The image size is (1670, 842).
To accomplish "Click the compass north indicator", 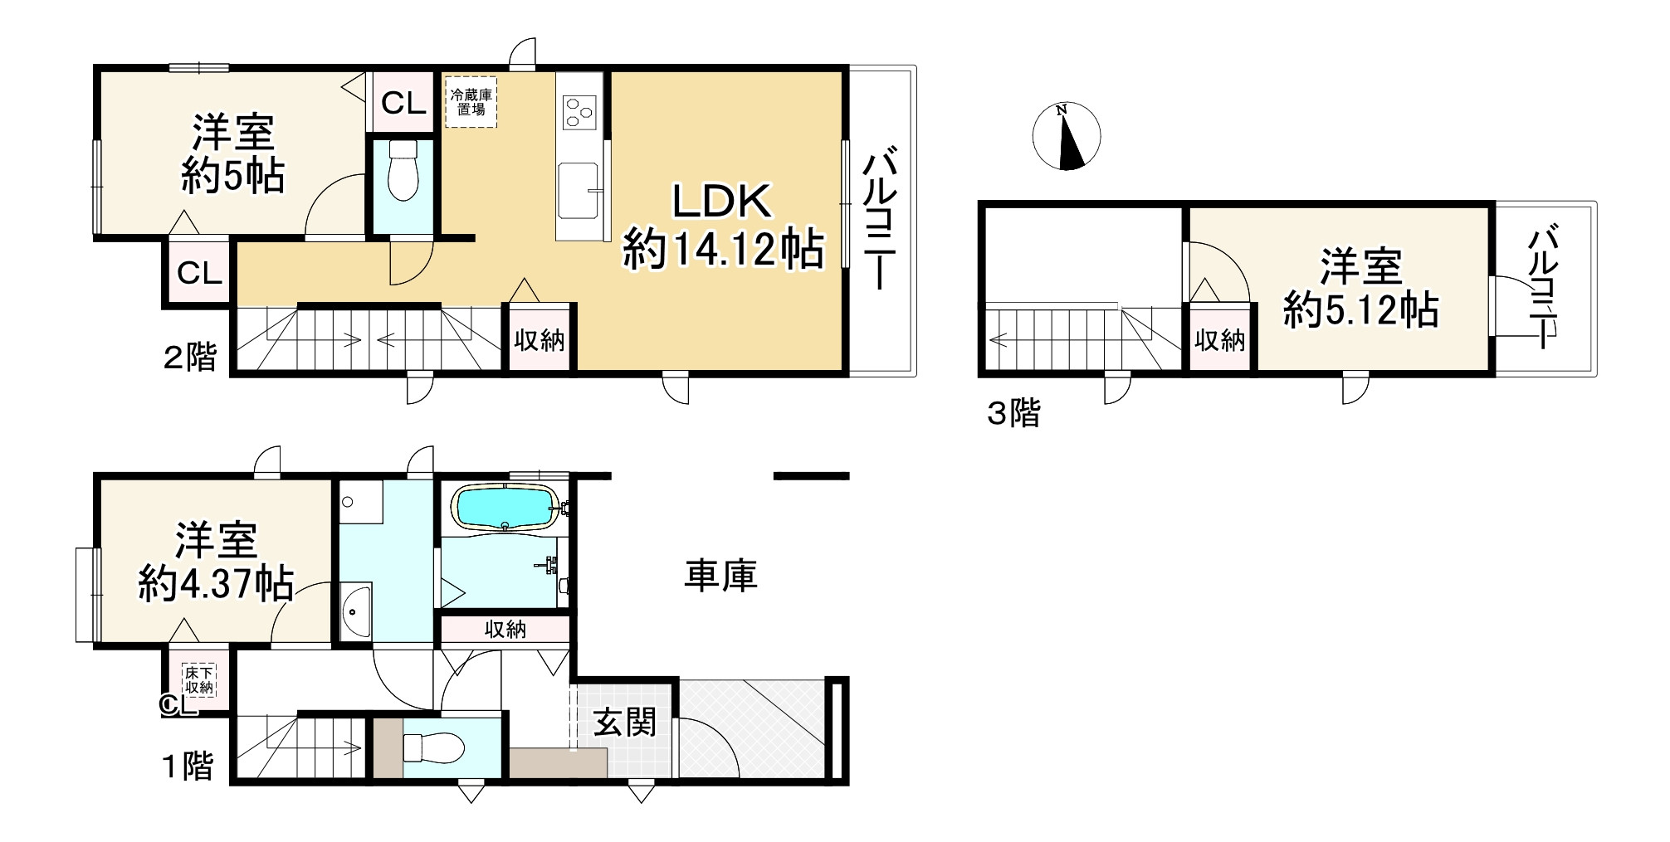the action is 1067,137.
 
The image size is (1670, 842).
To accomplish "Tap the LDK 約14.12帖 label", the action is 723,225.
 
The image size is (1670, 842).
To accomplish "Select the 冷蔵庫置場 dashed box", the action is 471,102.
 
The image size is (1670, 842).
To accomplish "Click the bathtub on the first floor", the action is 505,508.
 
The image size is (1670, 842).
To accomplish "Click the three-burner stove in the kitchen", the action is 579,111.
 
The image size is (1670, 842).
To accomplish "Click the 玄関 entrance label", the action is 624,723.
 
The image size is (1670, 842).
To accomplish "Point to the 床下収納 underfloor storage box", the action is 199,679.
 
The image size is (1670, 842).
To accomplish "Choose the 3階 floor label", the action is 1013,412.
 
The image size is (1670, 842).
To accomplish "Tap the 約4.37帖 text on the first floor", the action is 216,583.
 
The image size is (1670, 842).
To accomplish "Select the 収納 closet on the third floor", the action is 1220,339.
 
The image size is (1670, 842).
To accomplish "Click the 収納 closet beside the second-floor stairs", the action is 540,339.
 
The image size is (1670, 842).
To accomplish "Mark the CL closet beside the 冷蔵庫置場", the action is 403,103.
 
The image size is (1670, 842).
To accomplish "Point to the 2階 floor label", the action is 190,358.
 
